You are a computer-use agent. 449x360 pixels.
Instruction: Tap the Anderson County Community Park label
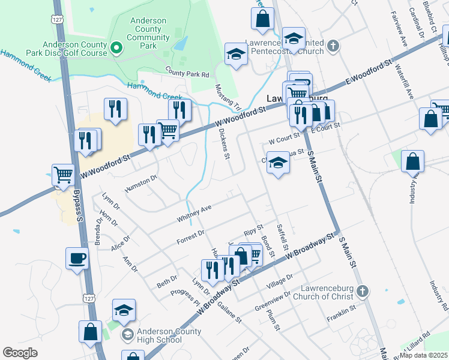click(x=148, y=33)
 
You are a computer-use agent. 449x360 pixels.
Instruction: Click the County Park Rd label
click(x=187, y=73)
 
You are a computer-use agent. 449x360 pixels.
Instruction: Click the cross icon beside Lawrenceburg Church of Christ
click(x=361, y=292)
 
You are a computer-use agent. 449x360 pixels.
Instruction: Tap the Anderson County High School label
click(x=167, y=335)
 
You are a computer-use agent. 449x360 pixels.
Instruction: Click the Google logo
click(x=20, y=353)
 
